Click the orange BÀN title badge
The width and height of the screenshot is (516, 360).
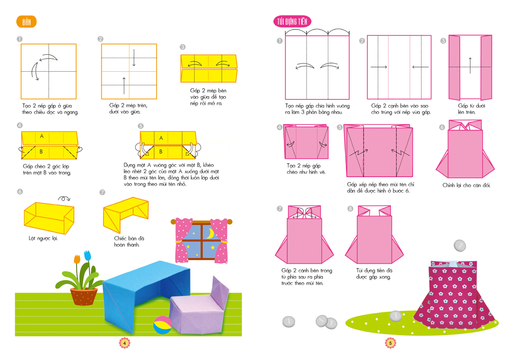click(x=26, y=22)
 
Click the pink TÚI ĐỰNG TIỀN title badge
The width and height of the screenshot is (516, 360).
click(x=292, y=22)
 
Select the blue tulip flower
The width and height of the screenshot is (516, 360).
click(x=87, y=255)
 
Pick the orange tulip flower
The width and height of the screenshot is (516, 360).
click(x=77, y=259)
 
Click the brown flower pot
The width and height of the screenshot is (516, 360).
click(x=84, y=296)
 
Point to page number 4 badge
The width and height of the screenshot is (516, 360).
click(x=125, y=343)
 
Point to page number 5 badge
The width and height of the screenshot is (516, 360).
click(x=390, y=343)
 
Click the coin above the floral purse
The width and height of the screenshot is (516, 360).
click(x=460, y=246)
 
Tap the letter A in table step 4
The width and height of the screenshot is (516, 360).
click(x=42, y=136)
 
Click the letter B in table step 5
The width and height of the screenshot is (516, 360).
click(x=161, y=151)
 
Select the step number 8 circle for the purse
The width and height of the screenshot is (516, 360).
click(x=350, y=209)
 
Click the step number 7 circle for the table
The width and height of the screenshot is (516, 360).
click(x=102, y=193)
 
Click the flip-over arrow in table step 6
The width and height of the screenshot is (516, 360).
click(x=64, y=199)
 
